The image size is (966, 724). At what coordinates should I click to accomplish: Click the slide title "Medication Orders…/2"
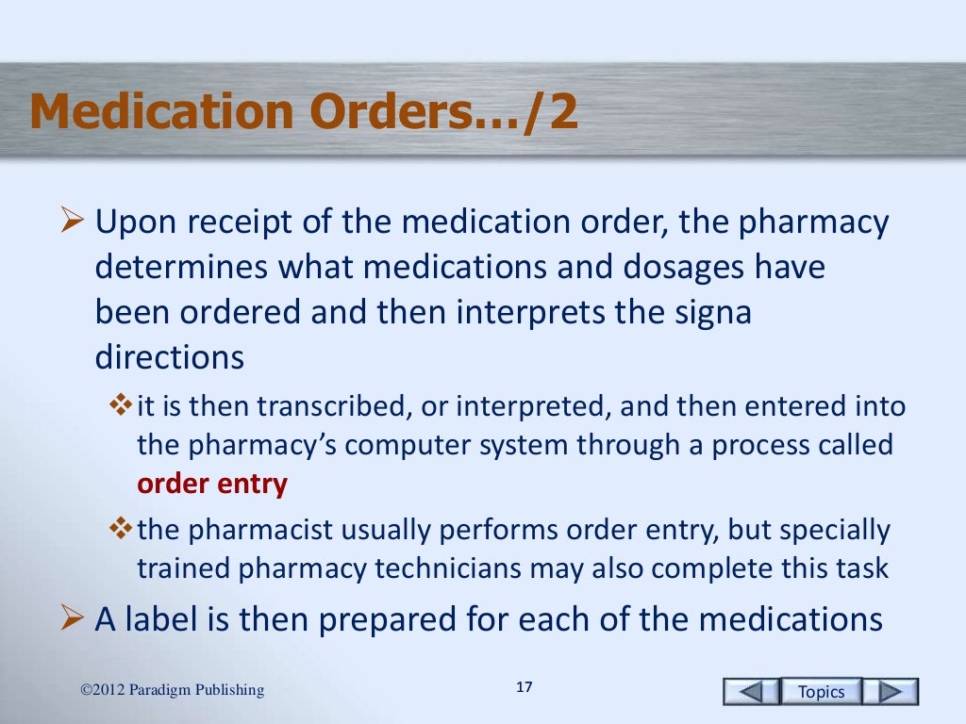pyautogui.click(x=303, y=113)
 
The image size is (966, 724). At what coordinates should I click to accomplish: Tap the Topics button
pyautogui.click(x=821, y=691)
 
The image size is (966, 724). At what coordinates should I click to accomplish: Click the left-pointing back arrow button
pyautogui.click(x=751, y=691)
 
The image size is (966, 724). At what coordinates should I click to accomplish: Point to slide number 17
pyautogui.click(x=525, y=686)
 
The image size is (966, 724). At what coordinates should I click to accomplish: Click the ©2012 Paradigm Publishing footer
pyautogui.click(x=173, y=690)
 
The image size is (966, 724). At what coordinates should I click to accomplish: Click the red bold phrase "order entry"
pyautogui.click(x=212, y=484)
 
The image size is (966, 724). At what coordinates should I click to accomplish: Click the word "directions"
pyautogui.click(x=170, y=357)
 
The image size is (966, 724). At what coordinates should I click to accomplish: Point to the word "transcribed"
pyautogui.click(x=318, y=406)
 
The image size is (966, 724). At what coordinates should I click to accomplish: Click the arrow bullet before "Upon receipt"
pyautogui.click(x=71, y=224)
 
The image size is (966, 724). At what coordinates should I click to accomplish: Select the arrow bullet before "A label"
pyautogui.click(x=71, y=619)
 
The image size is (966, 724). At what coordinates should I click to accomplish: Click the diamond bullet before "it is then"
pyautogui.click(x=122, y=406)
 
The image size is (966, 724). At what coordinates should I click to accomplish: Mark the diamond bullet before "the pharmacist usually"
pyautogui.click(x=122, y=531)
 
